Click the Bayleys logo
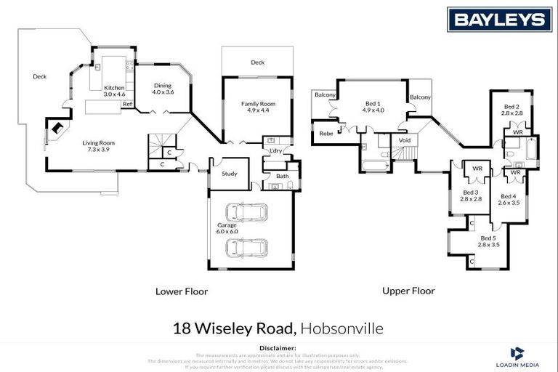point(499,19)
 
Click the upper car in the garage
point(247,212)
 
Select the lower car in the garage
point(247,247)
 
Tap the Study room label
point(230,173)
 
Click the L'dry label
point(275,150)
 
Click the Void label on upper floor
point(405,140)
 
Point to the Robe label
point(326,133)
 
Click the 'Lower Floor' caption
point(182,291)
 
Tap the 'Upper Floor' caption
point(408,291)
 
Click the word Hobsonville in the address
point(342,328)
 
